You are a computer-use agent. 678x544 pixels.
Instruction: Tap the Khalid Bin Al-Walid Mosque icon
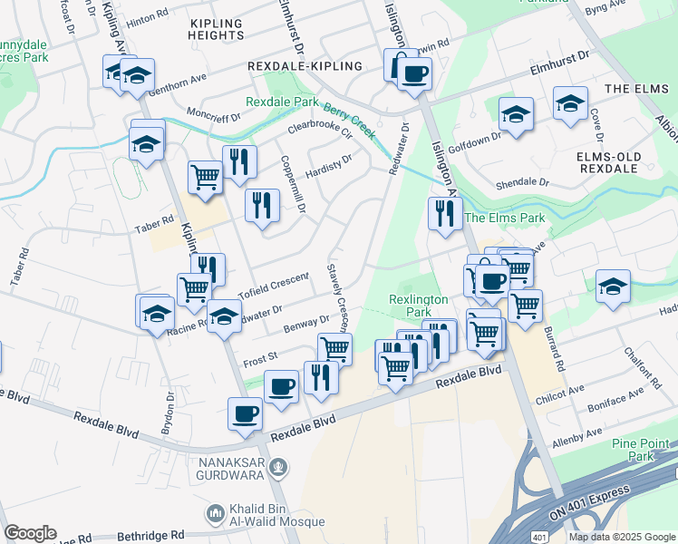pyautogui.click(x=216, y=514)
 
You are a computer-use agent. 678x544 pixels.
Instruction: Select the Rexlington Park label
pyautogui.click(x=419, y=305)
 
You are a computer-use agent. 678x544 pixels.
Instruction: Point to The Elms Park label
pyautogui.click(x=505, y=218)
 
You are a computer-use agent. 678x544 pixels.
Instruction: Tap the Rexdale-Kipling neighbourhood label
pyautogui.click(x=305, y=66)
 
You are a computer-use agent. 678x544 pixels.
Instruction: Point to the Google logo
pyautogui.click(x=30, y=533)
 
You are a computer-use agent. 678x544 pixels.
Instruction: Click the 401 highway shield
pyautogui.click(x=538, y=536)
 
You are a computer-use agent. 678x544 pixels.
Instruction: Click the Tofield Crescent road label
pyautogui.click(x=274, y=284)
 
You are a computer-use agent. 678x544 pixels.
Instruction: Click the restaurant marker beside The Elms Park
pyautogui.click(x=444, y=213)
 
